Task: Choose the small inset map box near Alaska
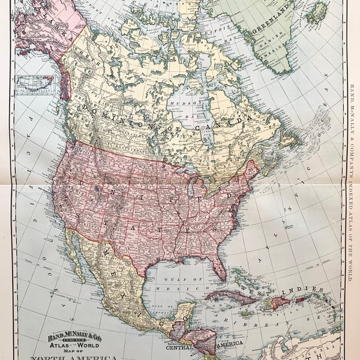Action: coord(34,84)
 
